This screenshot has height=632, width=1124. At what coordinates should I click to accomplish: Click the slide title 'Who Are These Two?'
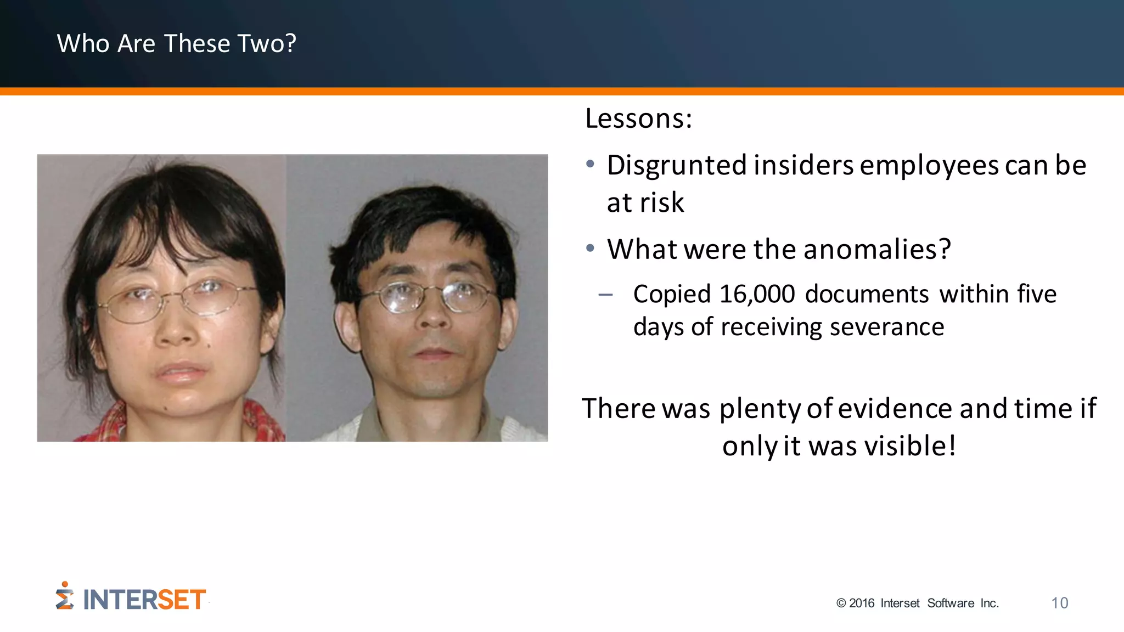point(176,43)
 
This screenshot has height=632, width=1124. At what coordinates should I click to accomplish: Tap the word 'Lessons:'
point(638,119)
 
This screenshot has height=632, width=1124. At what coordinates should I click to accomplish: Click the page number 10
point(1059,603)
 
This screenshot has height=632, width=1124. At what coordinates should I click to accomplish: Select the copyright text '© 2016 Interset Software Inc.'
point(917,603)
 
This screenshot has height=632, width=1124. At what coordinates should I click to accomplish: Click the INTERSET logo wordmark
point(144,600)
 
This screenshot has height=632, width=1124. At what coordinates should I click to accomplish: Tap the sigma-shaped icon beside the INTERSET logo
point(65,596)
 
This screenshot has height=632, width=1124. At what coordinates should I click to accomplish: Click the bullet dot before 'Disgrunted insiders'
point(590,164)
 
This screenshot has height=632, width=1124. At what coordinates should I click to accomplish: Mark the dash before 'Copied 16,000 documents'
point(605,295)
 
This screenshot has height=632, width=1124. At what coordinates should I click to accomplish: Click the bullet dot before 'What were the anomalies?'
point(590,249)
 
